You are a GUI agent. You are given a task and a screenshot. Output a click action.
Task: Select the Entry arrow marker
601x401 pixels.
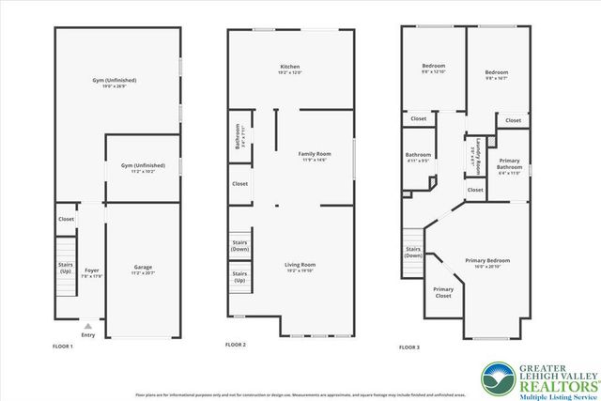point(88,326)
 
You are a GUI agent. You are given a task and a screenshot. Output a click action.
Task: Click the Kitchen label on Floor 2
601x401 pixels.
point(290,68)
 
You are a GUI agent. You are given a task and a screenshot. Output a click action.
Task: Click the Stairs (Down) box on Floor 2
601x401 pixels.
point(239,246)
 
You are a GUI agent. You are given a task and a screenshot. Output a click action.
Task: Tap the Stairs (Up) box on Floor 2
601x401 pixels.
point(239,277)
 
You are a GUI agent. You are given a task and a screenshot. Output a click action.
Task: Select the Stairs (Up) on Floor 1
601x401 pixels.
point(65,268)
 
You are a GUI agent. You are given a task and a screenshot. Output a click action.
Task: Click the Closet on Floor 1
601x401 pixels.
point(66,219)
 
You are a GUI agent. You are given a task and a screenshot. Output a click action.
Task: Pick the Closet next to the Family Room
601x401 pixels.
point(239,184)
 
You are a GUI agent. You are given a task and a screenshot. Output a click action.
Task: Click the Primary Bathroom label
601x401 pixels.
point(510,164)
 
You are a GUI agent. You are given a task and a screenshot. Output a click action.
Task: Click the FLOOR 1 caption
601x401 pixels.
point(63,347)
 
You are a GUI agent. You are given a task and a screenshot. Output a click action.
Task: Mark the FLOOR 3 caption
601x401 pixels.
point(409,347)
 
